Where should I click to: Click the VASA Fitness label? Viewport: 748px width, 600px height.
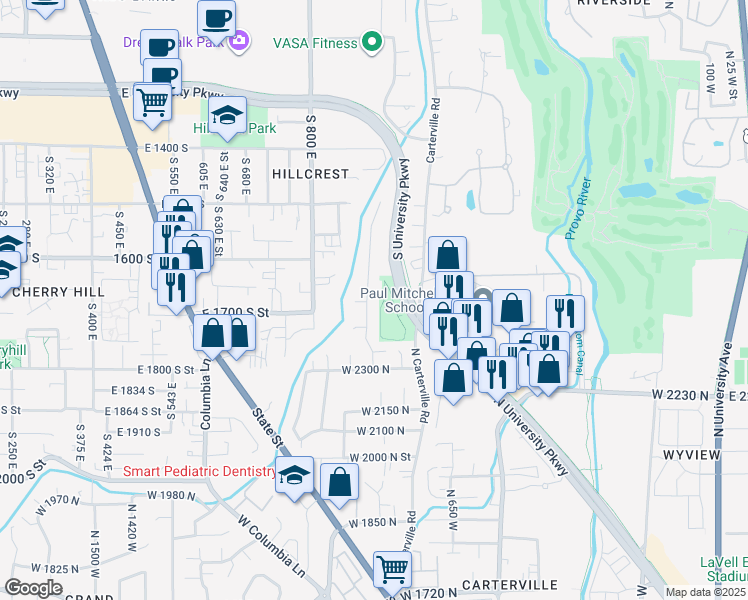(315, 43)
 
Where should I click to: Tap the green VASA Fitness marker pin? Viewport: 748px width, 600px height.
(372, 43)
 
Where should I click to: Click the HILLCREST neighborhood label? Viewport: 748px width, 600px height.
(310, 173)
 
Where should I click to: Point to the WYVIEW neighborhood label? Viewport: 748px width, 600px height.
(690, 455)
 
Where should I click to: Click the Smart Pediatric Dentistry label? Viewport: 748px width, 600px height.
(199, 471)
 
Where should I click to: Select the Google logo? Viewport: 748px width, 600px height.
(33, 587)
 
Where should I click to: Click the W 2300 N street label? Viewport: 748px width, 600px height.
(364, 370)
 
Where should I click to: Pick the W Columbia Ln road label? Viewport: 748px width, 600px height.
(271, 538)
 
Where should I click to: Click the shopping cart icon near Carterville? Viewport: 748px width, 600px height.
(392, 569)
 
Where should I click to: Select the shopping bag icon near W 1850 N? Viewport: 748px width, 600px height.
(340, 481)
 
